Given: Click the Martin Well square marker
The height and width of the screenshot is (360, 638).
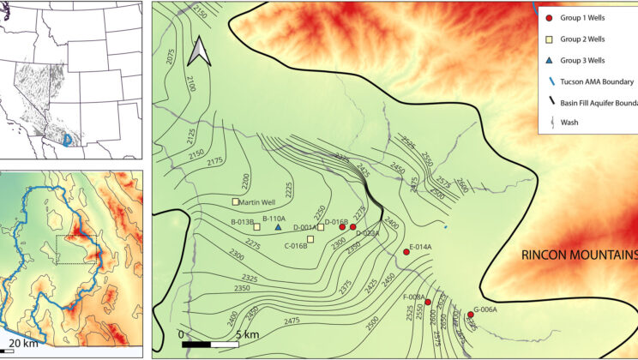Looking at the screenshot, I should point(236,202).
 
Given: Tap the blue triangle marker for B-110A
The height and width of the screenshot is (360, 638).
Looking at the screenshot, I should point(278,227).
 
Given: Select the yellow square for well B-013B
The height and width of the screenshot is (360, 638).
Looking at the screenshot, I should point(256,227).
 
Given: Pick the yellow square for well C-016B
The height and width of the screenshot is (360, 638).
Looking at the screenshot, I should point(310,239).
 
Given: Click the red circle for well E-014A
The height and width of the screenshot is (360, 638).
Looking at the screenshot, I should point(406,252).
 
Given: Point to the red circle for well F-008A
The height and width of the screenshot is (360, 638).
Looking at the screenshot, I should point(428,302).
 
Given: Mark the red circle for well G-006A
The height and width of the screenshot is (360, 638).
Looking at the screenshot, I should point(470,315).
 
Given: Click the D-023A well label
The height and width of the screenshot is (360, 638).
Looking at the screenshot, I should point(366,233).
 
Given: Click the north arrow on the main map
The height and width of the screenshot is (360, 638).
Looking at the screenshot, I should point(199,51).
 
